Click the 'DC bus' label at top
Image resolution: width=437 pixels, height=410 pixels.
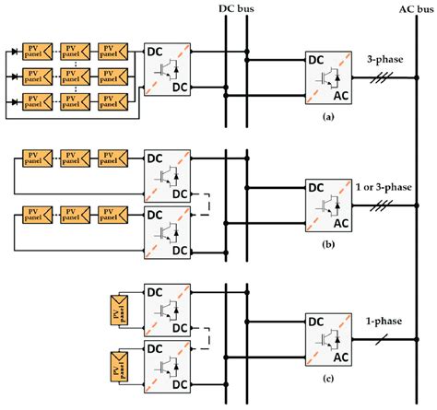pos(235,9)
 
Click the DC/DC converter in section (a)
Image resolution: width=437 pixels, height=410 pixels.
pos(167,70)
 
